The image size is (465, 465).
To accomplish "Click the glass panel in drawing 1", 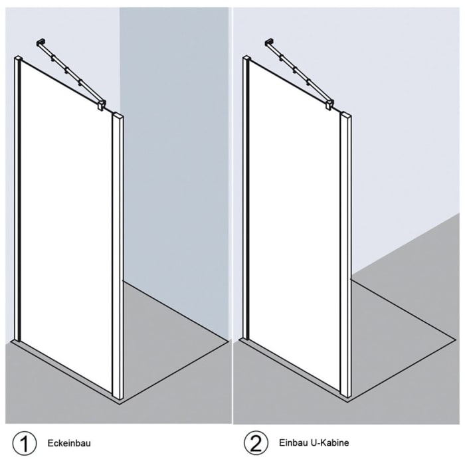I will pyautogui.click(x=66, y=226).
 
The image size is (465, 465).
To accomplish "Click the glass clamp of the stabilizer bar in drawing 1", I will pyautogui.click(x=100, y=105).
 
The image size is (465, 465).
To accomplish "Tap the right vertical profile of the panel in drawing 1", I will pyautogui.click(x=119, y=259).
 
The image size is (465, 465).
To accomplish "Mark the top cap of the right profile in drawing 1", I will pyautogui.click(x=119, y=116).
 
